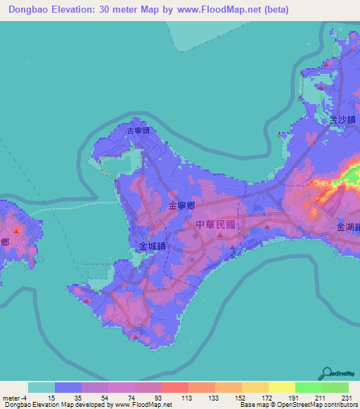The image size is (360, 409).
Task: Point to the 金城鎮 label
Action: pos(152,247)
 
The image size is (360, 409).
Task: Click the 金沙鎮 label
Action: pos(341,120)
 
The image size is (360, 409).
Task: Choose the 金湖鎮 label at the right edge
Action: pos(349,227)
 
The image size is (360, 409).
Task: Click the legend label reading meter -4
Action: pos(15,398)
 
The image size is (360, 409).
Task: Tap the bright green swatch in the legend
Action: pos(308,387)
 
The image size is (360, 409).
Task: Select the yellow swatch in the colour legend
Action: pos(281,387)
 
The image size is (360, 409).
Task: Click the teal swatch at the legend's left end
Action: pos(41,387)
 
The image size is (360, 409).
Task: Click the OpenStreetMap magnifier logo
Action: pos(327,372)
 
